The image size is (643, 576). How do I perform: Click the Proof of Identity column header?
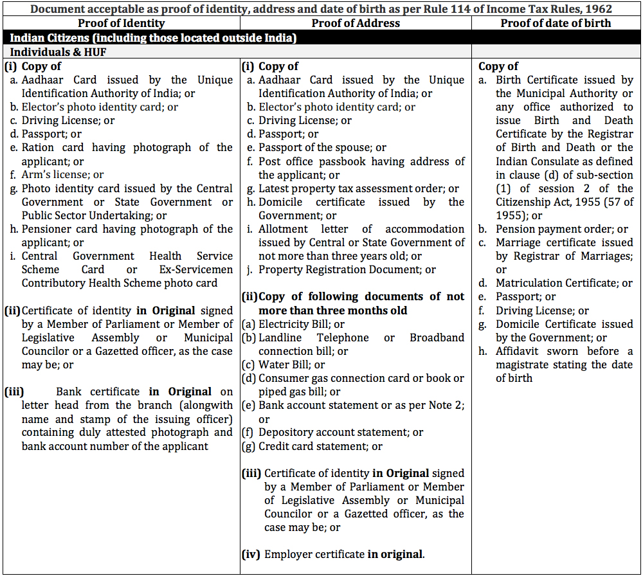(x=121, y=23)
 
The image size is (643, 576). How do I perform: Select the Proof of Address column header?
(x=356, y=23)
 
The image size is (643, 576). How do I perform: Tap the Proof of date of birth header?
(x=556, y=23)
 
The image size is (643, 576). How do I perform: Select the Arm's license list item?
(x=62, y=174)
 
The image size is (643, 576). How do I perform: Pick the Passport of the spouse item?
(x=321, y=147)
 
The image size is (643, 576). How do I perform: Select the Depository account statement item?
(x=340, y=432)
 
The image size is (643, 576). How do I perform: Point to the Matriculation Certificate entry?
(x=563, y=283)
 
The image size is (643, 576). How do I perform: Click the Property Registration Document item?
(x=347, y=269)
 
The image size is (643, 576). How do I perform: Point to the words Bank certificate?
(x=97, y=392)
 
